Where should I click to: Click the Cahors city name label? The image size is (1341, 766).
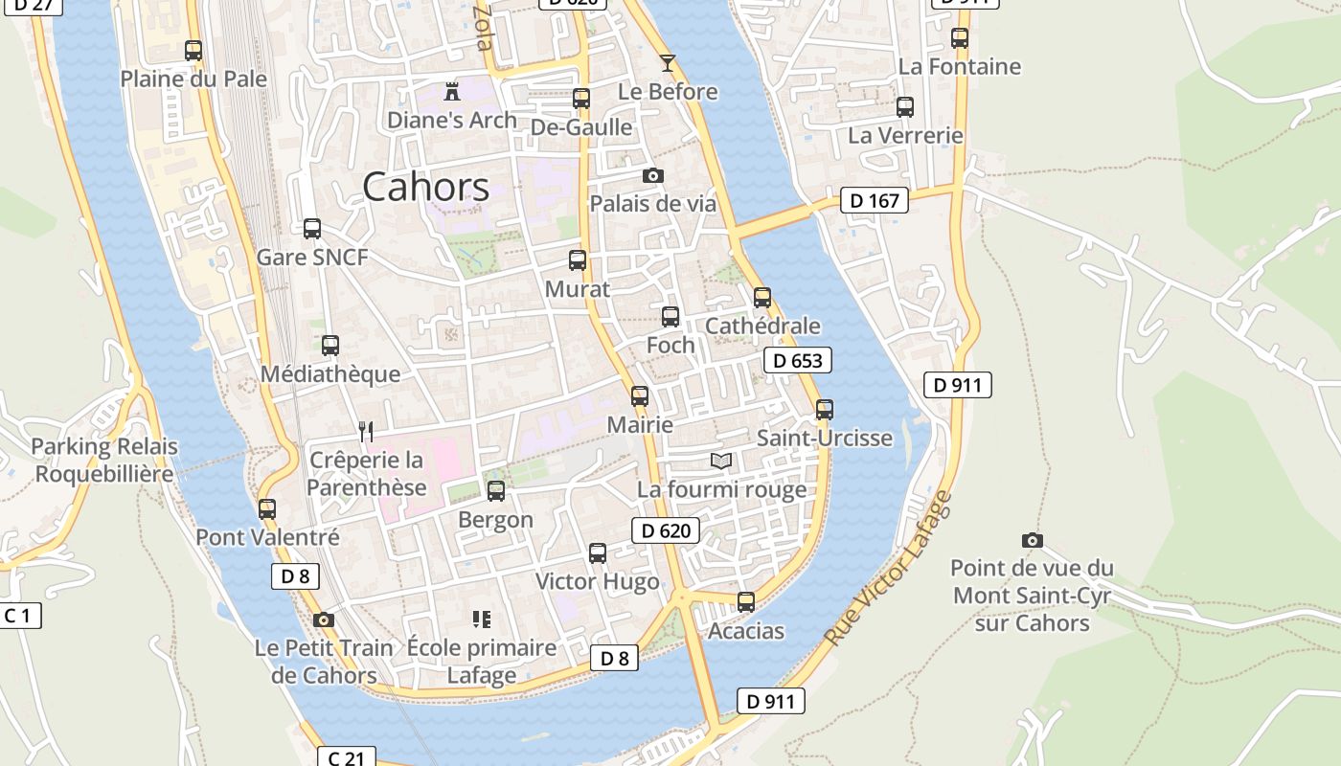pyautogui.click(x=426, y=187)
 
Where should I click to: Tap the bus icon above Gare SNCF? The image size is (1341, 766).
pyautogui.click(x=312, y=229)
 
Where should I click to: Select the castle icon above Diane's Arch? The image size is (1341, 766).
pyautogui.click(x=452, y=92)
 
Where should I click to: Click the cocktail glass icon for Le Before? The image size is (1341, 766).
pyautogui.click(x=668, y=63)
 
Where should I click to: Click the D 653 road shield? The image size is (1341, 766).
pyautogui.click(x=797, y=360)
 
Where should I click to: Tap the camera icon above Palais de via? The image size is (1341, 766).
pyautogui.click(x=653, y=176)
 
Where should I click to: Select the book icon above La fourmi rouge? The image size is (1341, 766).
pyautogui.click(x=721, y=462)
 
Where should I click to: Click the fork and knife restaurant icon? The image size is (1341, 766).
pyautogui.click(x=365, y=432)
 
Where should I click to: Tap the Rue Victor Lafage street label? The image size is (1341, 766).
pyautogui.click(x=889, y=567)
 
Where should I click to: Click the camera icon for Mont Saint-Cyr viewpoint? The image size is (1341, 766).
pyautogui.click(x=1032, y=541)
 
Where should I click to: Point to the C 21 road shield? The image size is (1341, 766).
pyautogui.click(x=346, y=757)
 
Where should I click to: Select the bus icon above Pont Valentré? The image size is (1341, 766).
pyautogui.click(x=267, y=509)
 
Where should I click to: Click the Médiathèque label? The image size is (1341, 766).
pyautogui.click(x=330, y=373)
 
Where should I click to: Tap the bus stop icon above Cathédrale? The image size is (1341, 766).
pyautogui.click(x=762, y=298)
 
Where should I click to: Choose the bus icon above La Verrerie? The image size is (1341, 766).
pyautogui.click(x=905, y=107)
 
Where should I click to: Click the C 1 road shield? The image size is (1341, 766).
pyautogui.click(x=19, y=616)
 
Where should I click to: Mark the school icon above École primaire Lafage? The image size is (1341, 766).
pyautogui.click(x=482, y=620)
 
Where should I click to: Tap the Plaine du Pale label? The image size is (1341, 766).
pyautogui.click(x=193, y=79)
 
